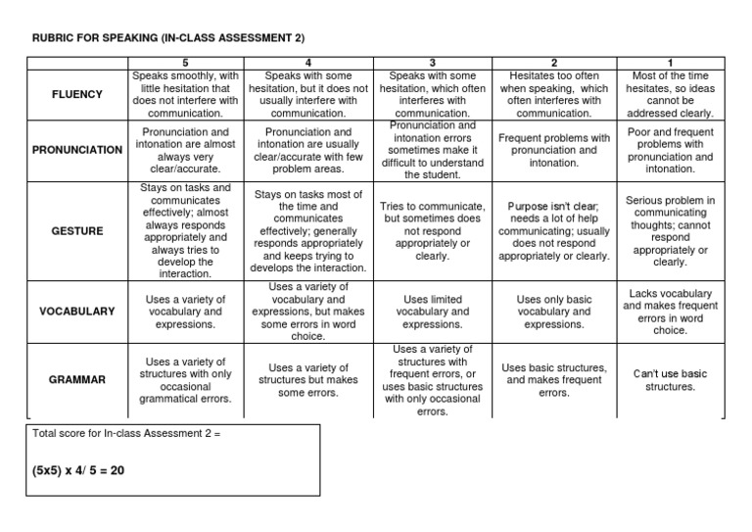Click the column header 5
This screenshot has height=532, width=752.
[185, 64]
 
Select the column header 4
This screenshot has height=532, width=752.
[309, 64]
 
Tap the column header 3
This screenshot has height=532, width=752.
[432, 64]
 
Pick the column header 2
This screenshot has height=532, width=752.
[553, 64]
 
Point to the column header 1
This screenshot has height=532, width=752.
[670, 64]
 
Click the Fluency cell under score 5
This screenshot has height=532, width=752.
[185, 94]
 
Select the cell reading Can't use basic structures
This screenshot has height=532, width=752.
[670, 379]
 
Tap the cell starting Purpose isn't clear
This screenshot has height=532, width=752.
[553, 231]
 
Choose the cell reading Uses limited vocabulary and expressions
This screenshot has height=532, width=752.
[432, 311]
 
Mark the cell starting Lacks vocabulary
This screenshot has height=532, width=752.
[670, 311]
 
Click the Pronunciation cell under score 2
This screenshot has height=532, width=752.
[553, 151]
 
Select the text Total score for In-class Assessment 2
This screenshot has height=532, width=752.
[126, 433]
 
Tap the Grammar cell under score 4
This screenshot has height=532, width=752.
[309, 379]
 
